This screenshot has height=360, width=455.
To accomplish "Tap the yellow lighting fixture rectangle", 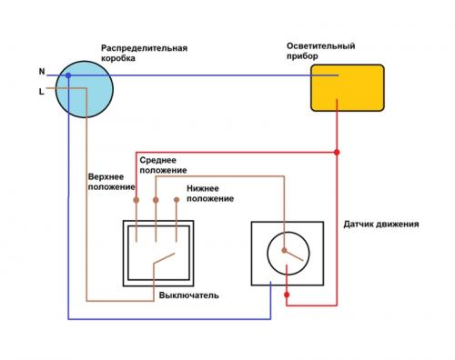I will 346,87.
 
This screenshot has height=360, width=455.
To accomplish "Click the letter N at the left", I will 41,71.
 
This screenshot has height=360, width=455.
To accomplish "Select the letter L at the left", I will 41,92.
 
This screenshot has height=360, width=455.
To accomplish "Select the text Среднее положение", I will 164,165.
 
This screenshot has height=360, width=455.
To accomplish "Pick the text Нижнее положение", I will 210,193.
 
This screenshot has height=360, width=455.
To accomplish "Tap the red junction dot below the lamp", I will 338,151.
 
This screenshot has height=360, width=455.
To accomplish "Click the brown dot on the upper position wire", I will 135,199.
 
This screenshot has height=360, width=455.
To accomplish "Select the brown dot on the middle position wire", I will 156,199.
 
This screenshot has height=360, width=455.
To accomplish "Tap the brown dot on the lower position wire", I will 177,199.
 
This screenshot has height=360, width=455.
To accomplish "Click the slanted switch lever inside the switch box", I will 164,262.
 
